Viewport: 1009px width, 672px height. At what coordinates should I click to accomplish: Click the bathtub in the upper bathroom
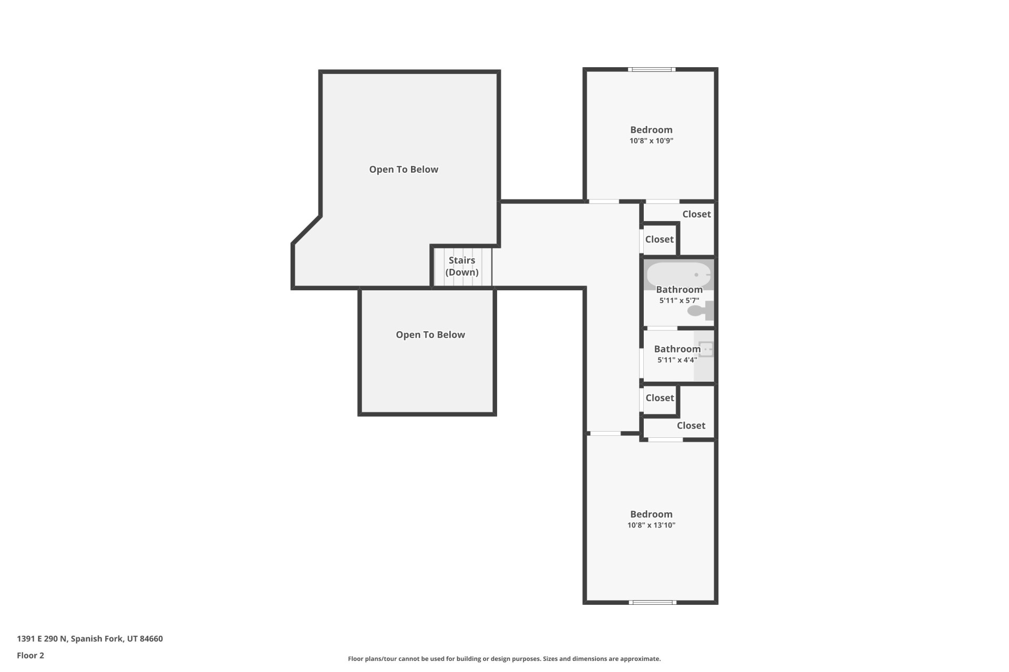(678, 274)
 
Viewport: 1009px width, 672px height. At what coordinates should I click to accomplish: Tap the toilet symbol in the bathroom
(701, 311)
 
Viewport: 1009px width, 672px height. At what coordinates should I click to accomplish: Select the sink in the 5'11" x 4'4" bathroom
(706, 349)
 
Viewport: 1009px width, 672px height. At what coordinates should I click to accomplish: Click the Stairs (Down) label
(462, 266)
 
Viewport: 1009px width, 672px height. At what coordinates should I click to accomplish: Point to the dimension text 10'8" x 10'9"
(651, 141)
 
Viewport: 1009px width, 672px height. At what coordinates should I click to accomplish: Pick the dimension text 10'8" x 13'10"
(651, 525)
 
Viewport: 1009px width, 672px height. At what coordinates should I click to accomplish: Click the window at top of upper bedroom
(652, 69)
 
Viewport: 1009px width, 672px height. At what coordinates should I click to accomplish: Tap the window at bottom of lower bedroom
(652, 602)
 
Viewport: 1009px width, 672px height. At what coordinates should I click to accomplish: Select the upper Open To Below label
(404, 169)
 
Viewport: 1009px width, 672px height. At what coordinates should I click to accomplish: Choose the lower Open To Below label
(430, 334)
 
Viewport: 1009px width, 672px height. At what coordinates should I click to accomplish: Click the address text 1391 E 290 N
(90, 638)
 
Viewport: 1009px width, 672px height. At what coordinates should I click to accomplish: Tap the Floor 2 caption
(30, 655)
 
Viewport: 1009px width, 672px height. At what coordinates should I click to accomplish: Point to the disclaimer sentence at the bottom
(504, 658)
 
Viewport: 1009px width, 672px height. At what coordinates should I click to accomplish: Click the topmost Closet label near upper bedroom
(696, 214)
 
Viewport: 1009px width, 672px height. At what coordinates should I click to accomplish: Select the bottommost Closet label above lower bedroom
(691, 425)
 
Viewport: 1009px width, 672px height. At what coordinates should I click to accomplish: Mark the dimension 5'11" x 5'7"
(679, 300)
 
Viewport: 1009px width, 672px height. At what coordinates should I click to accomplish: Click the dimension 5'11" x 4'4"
(677, 360)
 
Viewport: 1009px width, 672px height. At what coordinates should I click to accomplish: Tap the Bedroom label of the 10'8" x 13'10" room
(651, 514)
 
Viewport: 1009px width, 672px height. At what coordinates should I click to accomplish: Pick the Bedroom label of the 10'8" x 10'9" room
(651, 130)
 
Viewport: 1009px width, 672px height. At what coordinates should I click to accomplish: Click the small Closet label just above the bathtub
(659, 239)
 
